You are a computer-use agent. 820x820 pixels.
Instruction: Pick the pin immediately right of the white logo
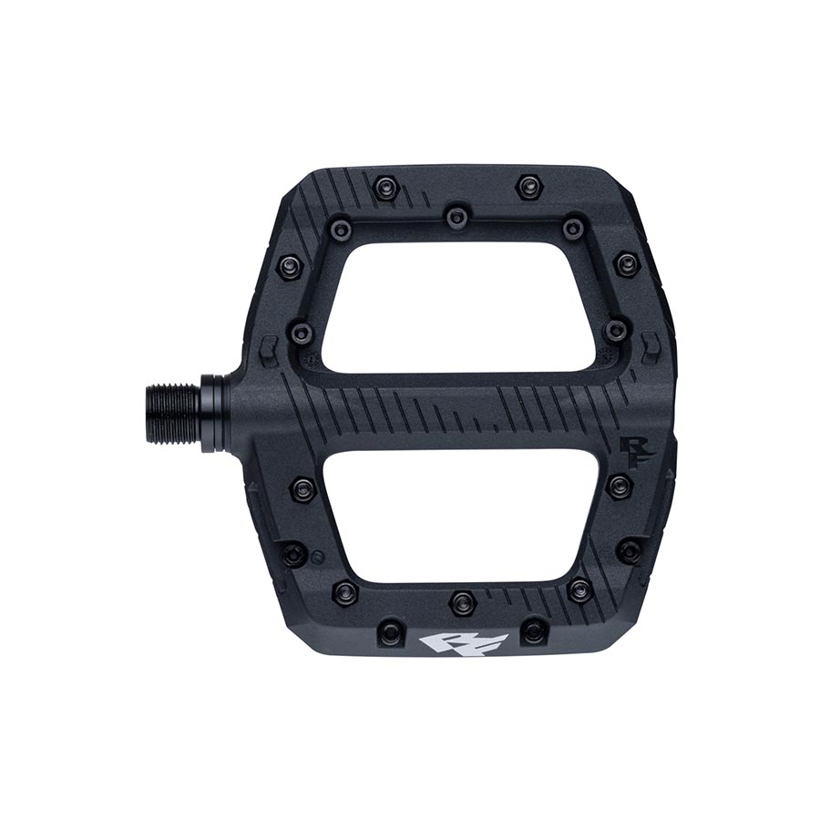point(534,630)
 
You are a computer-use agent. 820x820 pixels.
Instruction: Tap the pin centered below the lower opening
point(463,602)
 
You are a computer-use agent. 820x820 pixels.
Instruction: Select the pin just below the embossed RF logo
point(620,486)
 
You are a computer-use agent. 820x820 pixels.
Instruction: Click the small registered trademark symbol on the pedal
point(315,555)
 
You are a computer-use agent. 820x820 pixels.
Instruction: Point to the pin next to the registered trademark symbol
point(293,553)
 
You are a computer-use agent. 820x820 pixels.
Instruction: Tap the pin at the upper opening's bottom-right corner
point(617,329)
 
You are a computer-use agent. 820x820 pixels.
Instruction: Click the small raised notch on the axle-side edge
point(266,348)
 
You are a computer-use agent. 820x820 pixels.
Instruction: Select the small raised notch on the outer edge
point(651,346)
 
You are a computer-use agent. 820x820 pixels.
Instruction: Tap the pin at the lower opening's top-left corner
point(303,489)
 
